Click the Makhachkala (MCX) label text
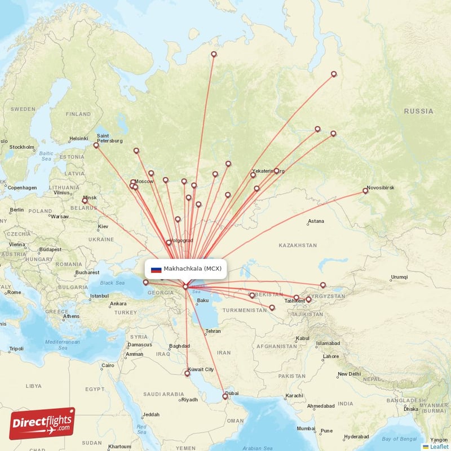pos(193,269)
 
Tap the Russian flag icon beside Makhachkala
pos(156,269)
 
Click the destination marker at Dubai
pos(225,397)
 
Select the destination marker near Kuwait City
pos(187,373)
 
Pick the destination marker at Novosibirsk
pos(365,191)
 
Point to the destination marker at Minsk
pos(85,201)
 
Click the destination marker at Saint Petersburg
pos(96,145)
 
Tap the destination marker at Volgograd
pos(168,243)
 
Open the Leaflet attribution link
pos(438,446)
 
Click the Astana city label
pos(316,222)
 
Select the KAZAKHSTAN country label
pos(297,246)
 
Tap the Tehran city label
pos(213,331)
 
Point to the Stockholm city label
pos(21,147)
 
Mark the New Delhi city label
pos(349,374)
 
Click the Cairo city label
pos(108,365)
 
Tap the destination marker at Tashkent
pos(297,298)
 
